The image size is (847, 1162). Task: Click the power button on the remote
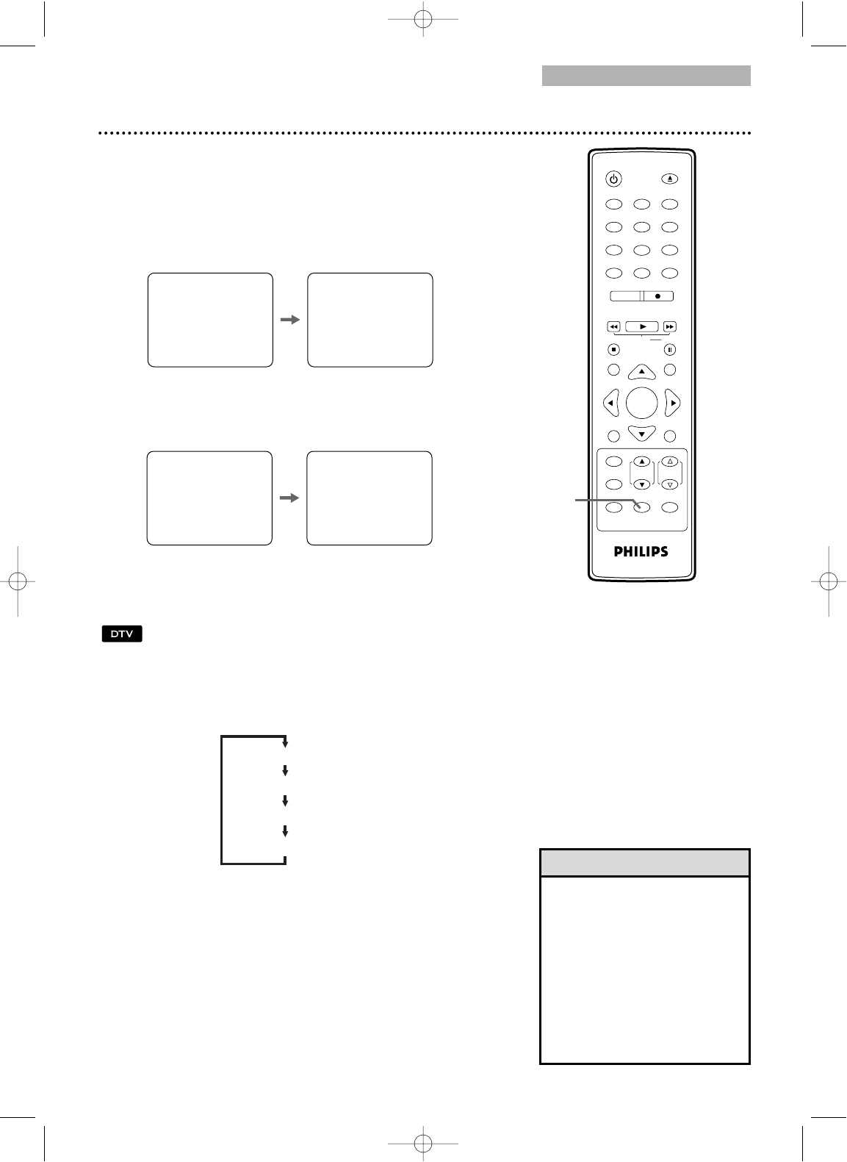click(613, 179)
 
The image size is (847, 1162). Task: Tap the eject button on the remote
click(670, 179)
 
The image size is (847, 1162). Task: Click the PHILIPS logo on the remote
click(641, 551)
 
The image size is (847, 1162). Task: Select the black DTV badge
click(122, 634)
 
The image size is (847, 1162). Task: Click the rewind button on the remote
click(613, 327)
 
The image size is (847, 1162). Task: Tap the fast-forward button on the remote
click(670, 327)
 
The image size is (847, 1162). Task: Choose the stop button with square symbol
click(613, 350)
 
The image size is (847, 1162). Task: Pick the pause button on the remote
click(670, 350)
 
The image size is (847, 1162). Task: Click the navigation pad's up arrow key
click(642, 372)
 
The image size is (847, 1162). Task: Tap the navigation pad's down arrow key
click(642, 433)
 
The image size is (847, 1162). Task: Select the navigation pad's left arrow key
click(611, 403)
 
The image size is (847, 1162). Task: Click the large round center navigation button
click(642, 403)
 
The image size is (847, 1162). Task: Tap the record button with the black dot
click(658, 296)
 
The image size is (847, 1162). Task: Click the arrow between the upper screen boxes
click(290, 320)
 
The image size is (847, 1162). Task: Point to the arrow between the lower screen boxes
click(289, 498)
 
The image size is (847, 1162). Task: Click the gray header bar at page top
click(646, 76)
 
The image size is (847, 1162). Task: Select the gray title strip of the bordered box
click(645, 863)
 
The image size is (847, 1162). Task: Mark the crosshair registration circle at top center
click(423, 19)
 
